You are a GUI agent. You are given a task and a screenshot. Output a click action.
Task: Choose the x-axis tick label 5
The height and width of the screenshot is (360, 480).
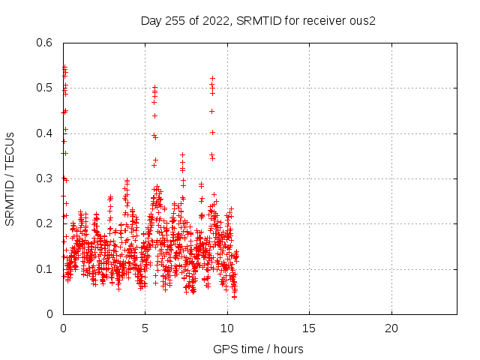click(145, 328)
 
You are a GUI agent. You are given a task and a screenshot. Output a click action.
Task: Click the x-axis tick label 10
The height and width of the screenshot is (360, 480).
click(227, 328)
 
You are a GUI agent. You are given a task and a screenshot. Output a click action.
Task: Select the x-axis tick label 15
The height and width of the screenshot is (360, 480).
click(309, 328)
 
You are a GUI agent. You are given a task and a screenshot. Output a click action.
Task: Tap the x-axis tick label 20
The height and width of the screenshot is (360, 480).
click(391, 328)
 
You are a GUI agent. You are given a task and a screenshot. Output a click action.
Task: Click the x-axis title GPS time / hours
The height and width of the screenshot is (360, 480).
click(258, 349)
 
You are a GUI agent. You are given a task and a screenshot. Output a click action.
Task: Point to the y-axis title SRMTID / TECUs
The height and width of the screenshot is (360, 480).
click(10, 178)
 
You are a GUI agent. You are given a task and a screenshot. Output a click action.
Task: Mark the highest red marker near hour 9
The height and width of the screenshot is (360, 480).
click(212, 78)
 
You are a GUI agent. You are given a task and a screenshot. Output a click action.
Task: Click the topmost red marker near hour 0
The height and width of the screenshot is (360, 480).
click(64, 67)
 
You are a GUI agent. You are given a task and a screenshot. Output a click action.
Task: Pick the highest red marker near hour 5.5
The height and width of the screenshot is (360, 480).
click(154, 87)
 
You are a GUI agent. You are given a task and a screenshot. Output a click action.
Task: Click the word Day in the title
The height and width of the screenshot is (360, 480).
click(151, 20)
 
